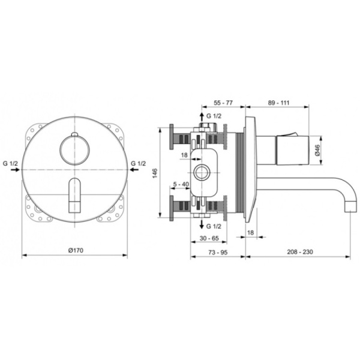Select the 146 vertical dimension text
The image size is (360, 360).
tap(154, 173)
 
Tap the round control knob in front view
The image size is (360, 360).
tap(74, 146)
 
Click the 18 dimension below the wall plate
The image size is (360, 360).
tap(251, 232)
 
